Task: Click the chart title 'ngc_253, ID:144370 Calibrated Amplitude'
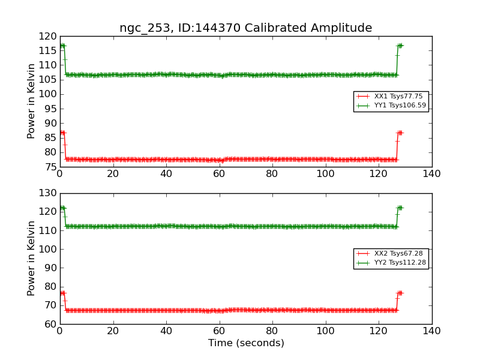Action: coord(245,28)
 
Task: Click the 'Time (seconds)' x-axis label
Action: coord(246,343)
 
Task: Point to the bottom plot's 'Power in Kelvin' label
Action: coord(32,258)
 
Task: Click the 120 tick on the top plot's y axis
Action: coord(49,36)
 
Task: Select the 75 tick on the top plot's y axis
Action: coord(52,167)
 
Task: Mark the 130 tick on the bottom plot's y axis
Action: coord(49,193)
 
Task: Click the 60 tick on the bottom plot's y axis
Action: coord(52,324)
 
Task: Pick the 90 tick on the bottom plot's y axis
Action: coord(52,268)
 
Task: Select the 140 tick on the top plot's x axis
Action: coord(431,175)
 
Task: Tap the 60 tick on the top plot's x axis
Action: coord(219,175)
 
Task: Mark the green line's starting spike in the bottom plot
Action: coord(62,208)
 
